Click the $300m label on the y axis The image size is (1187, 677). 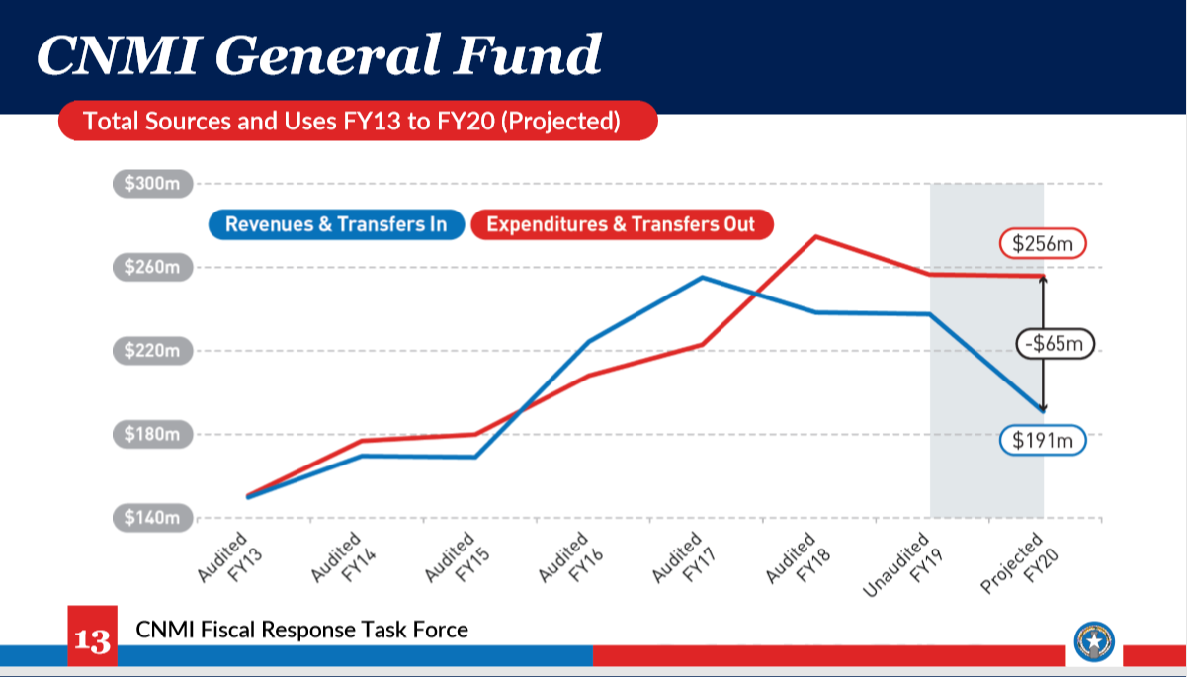pyautogui.click(x=152, y=183)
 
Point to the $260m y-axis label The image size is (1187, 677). pyautogui.click(x=152, y=267)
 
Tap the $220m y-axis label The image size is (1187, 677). pyautogui.click(x=152, y=351)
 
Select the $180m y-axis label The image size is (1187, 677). pyautogui.click(x=152, y=434)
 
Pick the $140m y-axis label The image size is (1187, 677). pyautogui.click(x=152, y=518)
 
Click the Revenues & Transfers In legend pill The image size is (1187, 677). pyautogui.click(x=335, y=224)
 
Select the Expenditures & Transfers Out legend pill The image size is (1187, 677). pyautogui.click(x=621, y=224)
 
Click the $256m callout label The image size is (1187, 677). pyautogui.click(x=1042, y=243)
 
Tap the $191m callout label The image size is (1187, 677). pyautogui.click(x=1042, y=440)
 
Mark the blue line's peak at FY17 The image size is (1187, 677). pyautogui.click(x=702, y=277)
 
